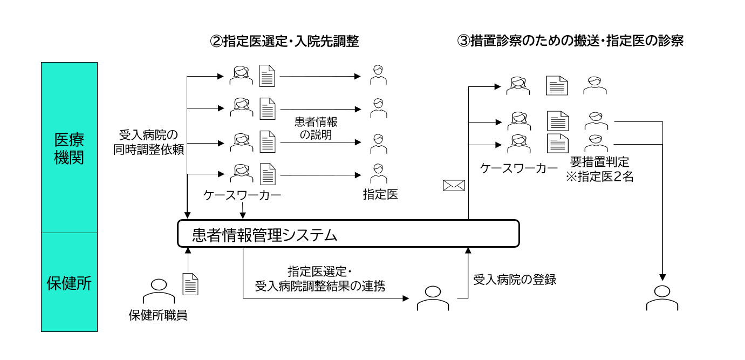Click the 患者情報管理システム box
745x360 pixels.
click(x=348, y=234)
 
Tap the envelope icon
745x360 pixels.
click(x=454, y=185)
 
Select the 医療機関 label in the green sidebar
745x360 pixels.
click(x=69, y=149)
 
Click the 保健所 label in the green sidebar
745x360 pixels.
click(x=69, y=282)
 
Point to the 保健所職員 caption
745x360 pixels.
click(x=158, y=315)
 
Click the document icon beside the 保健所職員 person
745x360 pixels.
click(x=190, y=284)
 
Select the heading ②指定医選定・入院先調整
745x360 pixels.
click(x=284, y=42)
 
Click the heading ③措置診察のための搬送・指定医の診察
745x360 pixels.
click(x=570, y=42)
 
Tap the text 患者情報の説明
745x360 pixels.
click(x=316, y=128)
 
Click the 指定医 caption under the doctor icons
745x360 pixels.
click(x=380, y=194)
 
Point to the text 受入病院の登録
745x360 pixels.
click(x=515, y=280)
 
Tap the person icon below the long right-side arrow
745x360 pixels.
click(x=662, y=297)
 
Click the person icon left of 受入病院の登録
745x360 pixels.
click(x=433, y=298)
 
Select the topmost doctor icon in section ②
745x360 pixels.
click(x=379, y=75)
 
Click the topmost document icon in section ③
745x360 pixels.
click(x=557, y=85)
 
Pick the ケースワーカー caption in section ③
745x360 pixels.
click(x=519, y=168)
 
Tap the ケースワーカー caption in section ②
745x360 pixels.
click(x=242, y=195)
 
